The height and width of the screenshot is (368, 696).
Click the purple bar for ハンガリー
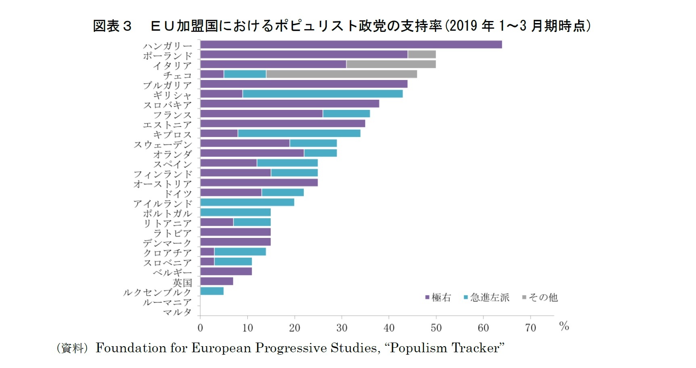tap(351, 44)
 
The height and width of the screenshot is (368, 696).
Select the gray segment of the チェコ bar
tap(341, 74)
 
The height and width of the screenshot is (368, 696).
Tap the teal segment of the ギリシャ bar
tap(322, 94)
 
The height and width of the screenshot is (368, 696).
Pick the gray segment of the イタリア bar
tap(391, 64)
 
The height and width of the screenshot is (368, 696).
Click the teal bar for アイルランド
tap(247, 202)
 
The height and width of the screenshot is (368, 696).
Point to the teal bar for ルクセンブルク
tap(212, 291)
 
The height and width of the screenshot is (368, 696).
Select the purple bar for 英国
tap(216, 281)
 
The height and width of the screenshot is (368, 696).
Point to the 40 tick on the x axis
tap(389, 328)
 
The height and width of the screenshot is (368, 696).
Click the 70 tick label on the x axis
tap(531, 328)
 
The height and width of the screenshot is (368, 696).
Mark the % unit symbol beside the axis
tap(564, 326)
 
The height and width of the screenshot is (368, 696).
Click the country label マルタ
tap(177, 312)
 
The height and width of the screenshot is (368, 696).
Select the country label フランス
tap(172, 115)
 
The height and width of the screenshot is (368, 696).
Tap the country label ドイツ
tap(178, 193)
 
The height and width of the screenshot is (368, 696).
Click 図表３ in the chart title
tap(113, 26)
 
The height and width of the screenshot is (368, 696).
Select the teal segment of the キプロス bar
tap(299, 133)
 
